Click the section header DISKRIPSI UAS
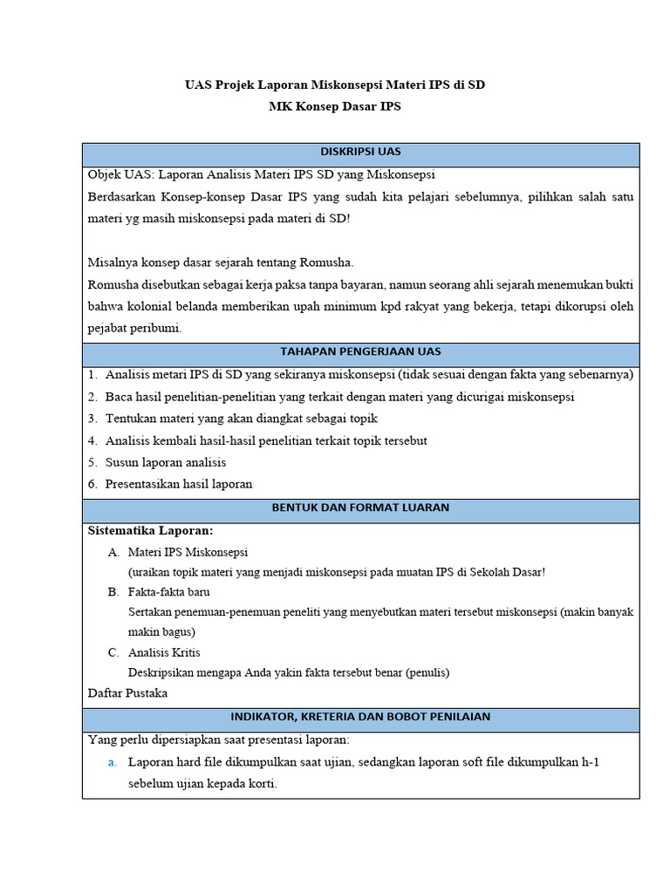pyautogui.click(x=360, y=152)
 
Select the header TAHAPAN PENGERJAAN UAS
pyautogui.click(x=360, y=352)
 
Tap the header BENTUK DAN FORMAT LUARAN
pyautogui.click(x=360, y=508)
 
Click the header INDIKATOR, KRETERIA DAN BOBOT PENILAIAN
pyautogui.click(x=360, y=717)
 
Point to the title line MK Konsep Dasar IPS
pyautogui.click(x=335, y=106)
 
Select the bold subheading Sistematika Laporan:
pyautogui.click(x=150, y=530)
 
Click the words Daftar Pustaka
pyautogui.click(x=127, y=693)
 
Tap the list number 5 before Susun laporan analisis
pyautogui.click(x=92, y=462)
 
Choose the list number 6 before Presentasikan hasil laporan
pyautogui.click(x=92, y=484)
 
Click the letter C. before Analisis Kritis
pyautogui.click(x=113, y=652)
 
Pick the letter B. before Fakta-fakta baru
pyautogui.click(x=113, y=592)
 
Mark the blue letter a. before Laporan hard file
pyautogui.click(x=113, y=762)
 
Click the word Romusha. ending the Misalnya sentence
pyautogui.click(x=326, y=262)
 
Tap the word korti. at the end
pyautogui.click(x=261, y=783)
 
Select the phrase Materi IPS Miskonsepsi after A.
pyautogui.click(x=188, y=552)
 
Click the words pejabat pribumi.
pyautogui.click(x=134, y=328)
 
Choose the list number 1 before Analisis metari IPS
pyautogui.click(x=92, y=375)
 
